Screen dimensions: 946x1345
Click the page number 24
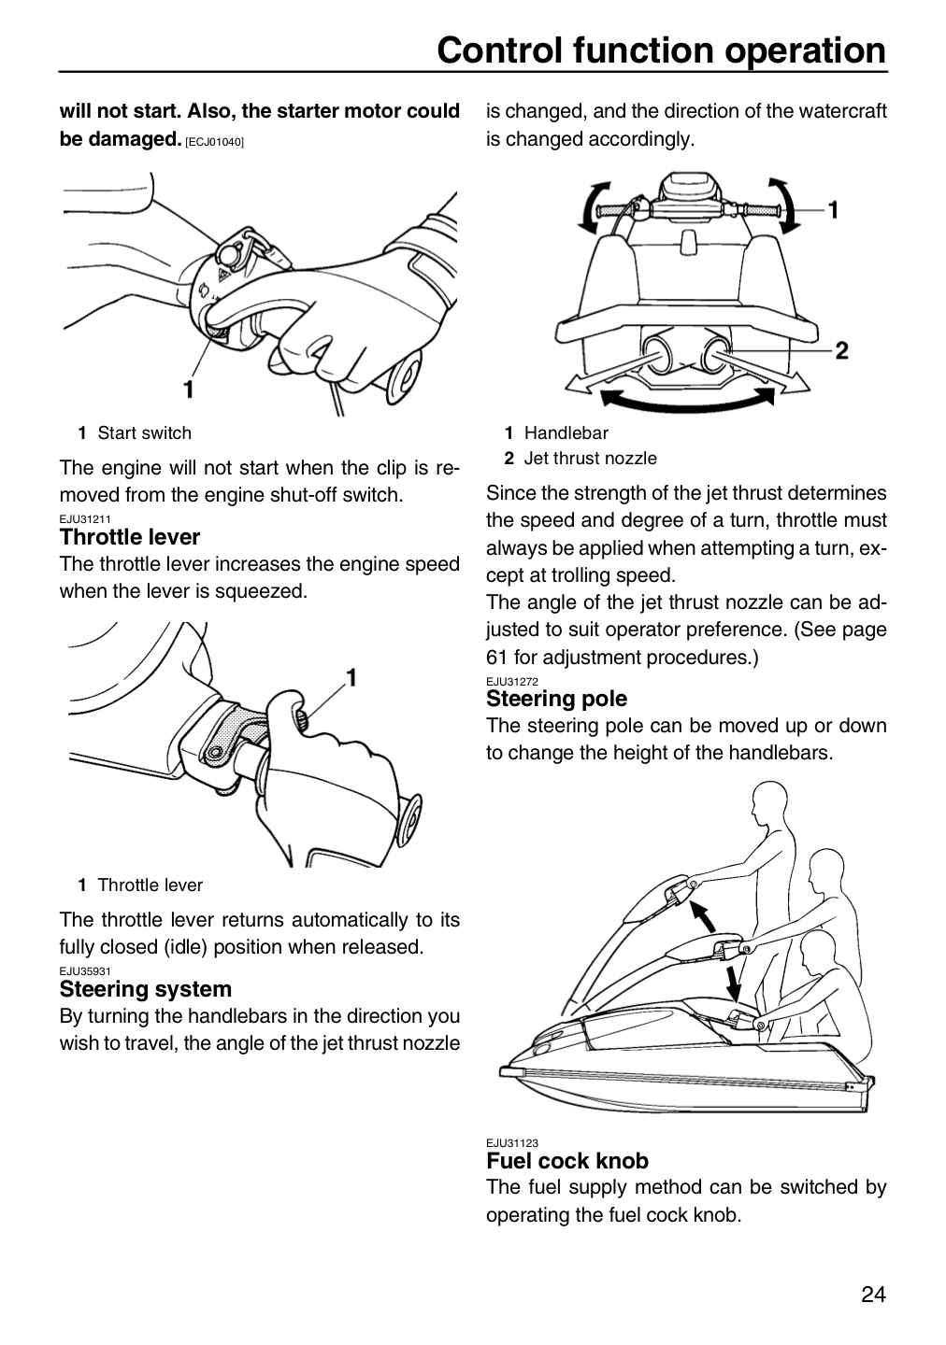[873, 1294]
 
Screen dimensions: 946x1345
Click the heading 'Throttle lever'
[129, 536]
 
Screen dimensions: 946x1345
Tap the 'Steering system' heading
[146, 988]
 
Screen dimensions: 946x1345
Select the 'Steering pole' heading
[556, 699]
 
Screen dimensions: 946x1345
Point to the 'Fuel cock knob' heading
[567, 1161]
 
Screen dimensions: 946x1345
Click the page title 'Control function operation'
[661, 50]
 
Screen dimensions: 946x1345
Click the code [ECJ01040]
[215, 142]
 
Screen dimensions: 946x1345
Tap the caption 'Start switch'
[144, 433]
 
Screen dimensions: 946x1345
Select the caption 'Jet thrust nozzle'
[590, 458]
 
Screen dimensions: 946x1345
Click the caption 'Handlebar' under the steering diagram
[566, 433]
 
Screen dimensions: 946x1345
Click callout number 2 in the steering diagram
[842, 350]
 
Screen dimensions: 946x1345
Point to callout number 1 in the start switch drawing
[188, 389]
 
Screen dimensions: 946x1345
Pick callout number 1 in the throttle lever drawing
[351, 677]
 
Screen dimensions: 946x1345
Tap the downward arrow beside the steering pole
[733, 983]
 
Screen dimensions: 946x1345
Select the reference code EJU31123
[512, 1142]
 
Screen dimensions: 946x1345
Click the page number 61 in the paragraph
[496, 657]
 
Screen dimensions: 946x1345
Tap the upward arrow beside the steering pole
[703, 915]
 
